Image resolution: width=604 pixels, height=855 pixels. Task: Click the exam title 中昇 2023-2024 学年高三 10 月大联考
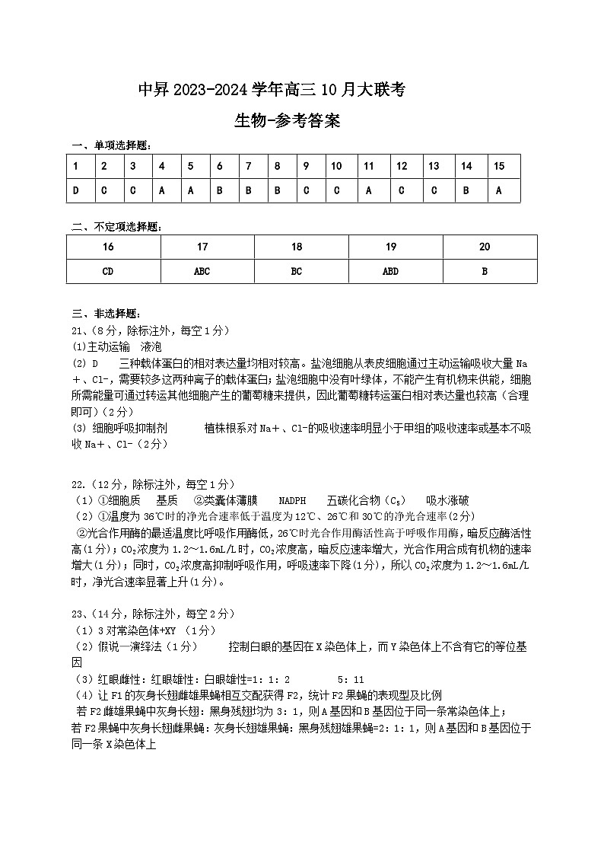271,91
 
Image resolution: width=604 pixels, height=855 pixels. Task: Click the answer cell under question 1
76,190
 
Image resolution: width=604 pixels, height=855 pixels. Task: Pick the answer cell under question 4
161,190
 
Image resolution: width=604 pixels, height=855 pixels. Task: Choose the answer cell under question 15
499,190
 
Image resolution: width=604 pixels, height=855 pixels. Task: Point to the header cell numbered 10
337,166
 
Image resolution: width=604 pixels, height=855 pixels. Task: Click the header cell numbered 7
249,166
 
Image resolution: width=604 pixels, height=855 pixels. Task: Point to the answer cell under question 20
485,271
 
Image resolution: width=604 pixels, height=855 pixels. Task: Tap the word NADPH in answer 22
292,500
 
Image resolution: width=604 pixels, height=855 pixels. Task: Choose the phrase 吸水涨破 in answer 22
448,500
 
